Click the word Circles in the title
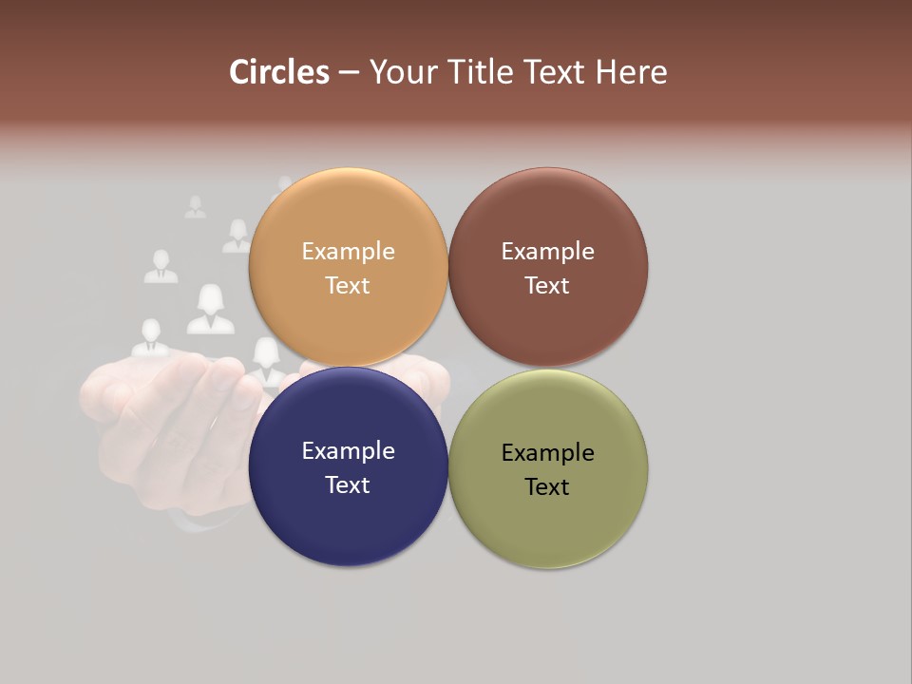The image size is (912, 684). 278,72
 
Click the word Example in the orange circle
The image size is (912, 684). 348,251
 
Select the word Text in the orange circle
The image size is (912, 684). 348,285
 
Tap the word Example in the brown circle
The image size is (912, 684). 547,251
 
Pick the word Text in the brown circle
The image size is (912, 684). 547,285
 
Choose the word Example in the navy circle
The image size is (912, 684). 348,450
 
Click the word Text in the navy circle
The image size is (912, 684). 348,484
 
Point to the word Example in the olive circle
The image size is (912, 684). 547,452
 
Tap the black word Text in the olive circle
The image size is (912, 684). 547,486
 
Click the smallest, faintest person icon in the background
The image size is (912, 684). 195,207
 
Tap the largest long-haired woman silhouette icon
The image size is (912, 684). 210,311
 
